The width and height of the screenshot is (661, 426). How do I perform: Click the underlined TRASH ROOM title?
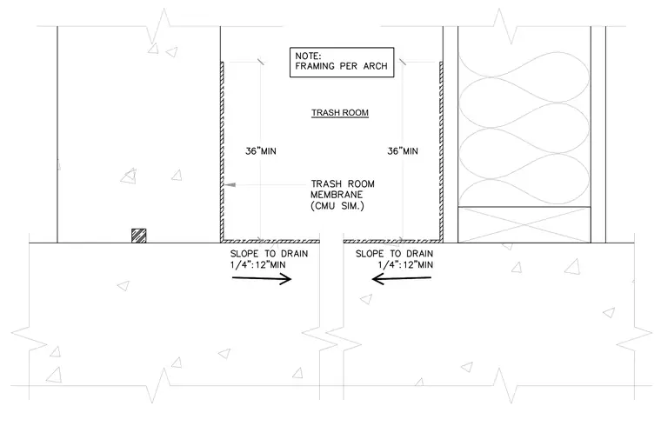pos(340,113)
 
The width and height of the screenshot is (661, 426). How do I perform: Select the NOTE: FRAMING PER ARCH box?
pos(342,63)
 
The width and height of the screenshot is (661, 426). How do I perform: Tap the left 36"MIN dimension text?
pos(261,151)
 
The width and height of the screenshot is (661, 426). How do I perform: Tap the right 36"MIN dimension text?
pos(403,151)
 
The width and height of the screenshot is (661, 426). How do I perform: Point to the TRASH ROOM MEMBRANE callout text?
pos(343,195)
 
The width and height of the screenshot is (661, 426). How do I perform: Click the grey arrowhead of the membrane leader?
pos(230,184)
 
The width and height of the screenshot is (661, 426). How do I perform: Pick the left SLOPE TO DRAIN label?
pos(269,259)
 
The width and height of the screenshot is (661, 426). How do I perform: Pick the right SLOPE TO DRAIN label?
pos(395,259)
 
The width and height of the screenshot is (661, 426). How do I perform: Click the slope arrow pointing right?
pos(262,278)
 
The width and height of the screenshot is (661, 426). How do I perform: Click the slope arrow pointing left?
pos(402,278)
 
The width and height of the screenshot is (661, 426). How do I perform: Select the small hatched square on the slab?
pos(139,236)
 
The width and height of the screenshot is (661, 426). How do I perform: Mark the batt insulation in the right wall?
pos(524,129)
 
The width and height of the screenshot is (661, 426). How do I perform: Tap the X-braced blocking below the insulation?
pos(524,224)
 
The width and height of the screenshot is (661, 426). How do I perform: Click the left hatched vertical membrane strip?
pos(222,151)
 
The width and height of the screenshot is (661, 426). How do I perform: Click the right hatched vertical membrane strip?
pos(441,151)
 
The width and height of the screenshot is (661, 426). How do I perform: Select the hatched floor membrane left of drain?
pos(270,241)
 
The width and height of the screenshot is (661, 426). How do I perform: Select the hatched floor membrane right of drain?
pos(393,241)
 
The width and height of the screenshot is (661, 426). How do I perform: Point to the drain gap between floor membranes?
pos(331,241)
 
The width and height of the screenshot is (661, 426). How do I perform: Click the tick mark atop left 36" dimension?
pos(261,62)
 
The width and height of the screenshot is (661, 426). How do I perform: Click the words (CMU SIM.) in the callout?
pos(337,206)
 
